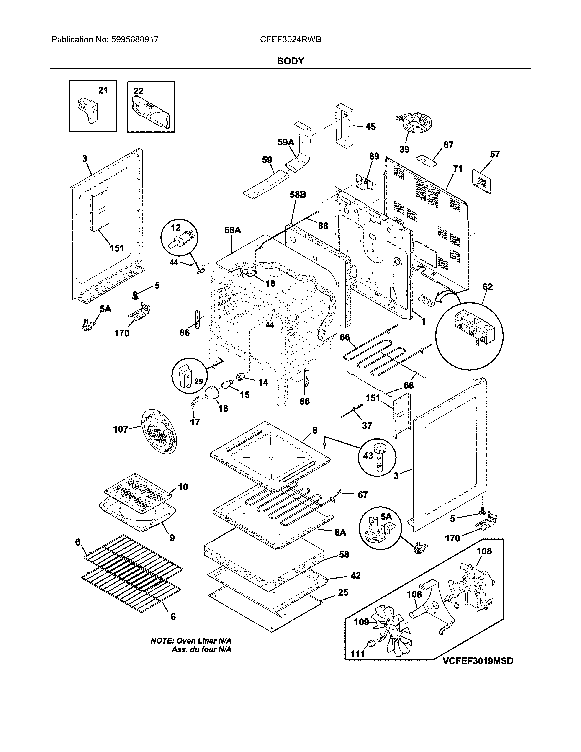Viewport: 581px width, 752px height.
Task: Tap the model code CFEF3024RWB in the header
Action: pos(290,40)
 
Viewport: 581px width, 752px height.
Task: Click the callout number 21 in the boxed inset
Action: pos(103,90)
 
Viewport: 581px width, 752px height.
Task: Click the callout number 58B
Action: pos(298,195)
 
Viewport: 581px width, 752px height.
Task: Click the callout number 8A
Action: pos(340,533)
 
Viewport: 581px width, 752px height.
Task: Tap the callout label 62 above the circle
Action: pos(487,287)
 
